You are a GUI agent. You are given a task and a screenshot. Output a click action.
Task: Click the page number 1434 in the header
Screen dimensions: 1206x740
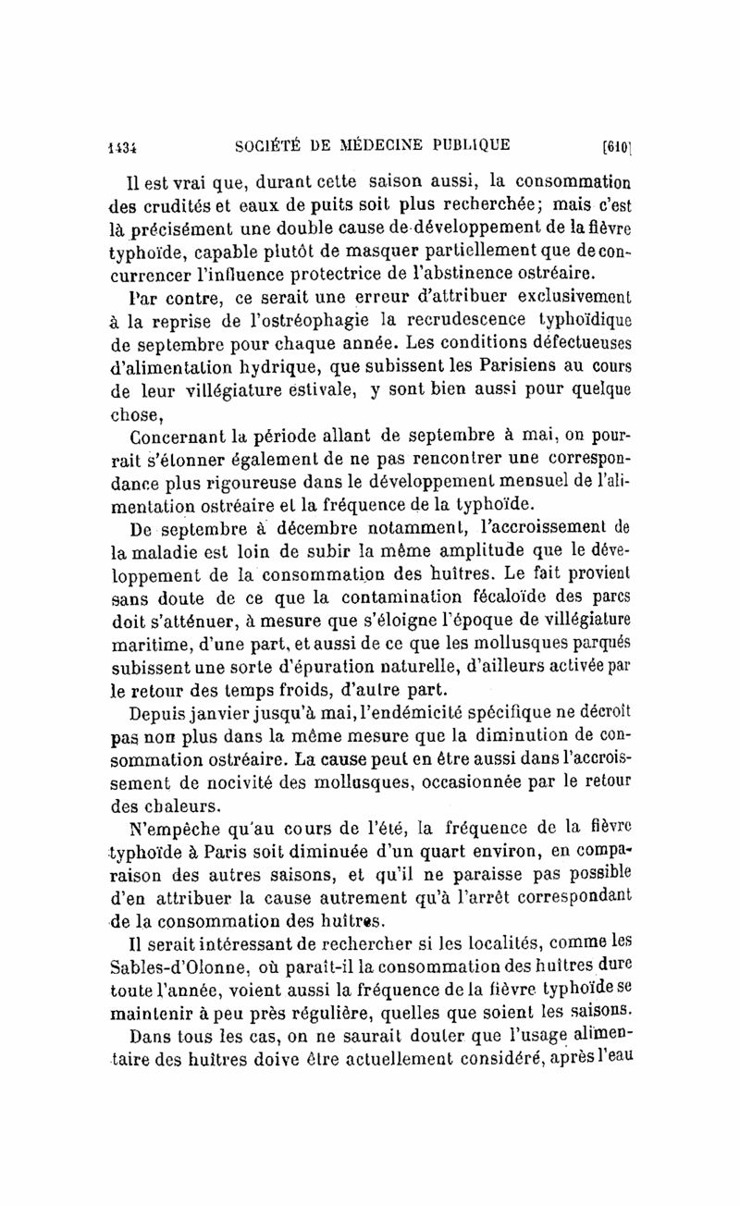[122, 145]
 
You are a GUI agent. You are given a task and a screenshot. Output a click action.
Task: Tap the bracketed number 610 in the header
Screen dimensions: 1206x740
[616, 145]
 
